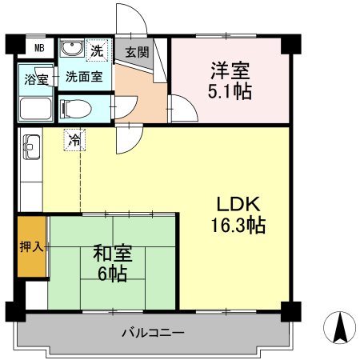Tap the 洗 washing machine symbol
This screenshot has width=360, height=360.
[96, 50]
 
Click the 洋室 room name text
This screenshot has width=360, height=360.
[230, 70]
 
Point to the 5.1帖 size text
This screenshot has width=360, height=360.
[230, 90]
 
